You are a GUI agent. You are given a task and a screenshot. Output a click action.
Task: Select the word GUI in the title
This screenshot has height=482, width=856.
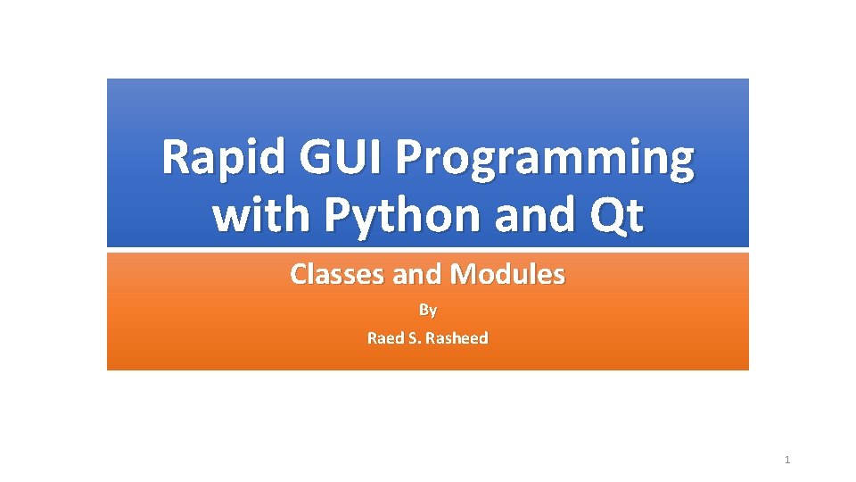(x=339, y=159)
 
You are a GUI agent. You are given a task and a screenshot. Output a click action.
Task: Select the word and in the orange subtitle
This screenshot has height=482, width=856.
(x=417, y=274)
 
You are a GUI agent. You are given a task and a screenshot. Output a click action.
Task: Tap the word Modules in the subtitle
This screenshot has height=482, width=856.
(x=507, y=274)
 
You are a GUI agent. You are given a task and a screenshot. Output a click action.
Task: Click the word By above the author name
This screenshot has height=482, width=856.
(x=428, y=311)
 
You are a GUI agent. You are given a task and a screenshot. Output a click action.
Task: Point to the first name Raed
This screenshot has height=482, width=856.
(x=385, y=338)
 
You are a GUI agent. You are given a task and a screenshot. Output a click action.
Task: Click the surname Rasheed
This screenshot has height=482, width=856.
(x=457, y=338)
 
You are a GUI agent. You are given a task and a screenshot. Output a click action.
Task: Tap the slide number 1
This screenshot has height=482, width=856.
(x=787, y=460)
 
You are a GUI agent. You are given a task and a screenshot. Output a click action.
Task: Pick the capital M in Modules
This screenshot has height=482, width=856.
(x=464, y=274)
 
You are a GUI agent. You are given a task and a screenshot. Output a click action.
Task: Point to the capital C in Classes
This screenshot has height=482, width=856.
(x=299, y=274)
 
